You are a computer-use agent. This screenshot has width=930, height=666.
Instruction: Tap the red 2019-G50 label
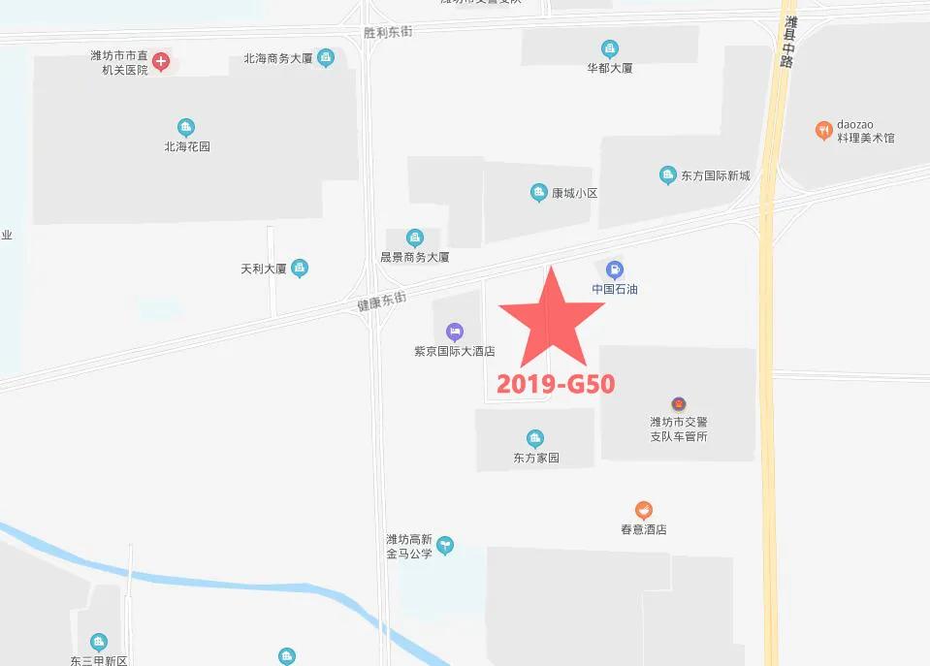pos(556,384)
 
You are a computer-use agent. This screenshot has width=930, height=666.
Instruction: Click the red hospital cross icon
pos(161,63)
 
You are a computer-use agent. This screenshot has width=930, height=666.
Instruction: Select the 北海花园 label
pos(186,147)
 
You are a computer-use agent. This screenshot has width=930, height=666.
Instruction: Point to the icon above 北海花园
pos(186,127)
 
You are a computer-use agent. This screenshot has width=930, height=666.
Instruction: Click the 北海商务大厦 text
pos(277,59)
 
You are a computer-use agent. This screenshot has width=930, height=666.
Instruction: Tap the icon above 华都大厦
pos(610,48)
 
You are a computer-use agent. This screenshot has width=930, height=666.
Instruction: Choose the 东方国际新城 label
pos(715,176)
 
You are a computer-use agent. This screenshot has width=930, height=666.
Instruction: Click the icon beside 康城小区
pos(538,193)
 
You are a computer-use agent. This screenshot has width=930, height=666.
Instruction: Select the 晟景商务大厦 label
pos(414,258)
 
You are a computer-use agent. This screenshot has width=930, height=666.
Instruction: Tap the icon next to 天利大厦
pos(300,268)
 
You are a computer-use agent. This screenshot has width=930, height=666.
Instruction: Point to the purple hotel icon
pos(454,333)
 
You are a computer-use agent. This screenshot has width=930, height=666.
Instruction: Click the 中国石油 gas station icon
pos(614,270)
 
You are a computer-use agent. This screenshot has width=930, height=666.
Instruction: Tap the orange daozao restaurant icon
pos(822,130)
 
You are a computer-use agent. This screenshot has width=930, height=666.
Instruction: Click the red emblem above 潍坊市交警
pos(679,402)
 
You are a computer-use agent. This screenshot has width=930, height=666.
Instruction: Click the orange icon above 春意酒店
pos(644,510)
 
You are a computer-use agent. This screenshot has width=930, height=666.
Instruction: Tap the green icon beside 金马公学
pos(445,546)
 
